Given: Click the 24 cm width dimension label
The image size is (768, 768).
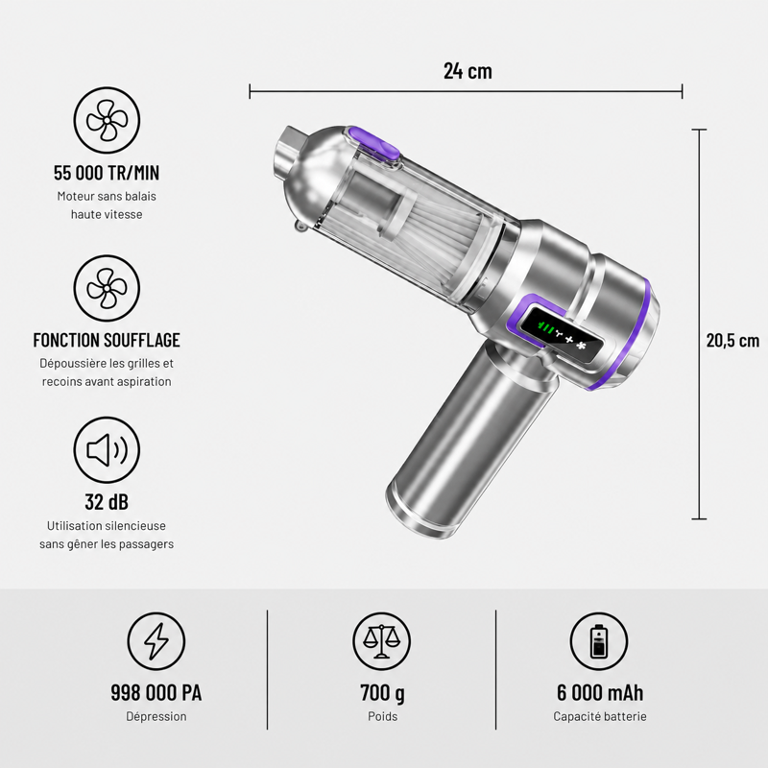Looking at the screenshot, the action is click(x=468, y=70).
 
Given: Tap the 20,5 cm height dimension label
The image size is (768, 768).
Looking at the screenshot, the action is click(x=732, y=340).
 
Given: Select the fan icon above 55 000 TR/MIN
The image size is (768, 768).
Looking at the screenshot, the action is click(x=107, y=121).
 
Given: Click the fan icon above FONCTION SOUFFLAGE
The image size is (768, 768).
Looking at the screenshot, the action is click(x=107, y=288).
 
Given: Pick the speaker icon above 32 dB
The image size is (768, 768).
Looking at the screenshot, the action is click(x=107, y=450).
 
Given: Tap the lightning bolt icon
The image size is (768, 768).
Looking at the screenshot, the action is click(x=156, y=641).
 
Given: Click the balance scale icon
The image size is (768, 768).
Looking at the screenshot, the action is click(x=382, y=641).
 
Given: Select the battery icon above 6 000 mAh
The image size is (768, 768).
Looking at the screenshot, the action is click(x=599, y=641).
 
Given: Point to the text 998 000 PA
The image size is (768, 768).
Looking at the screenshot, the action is click(x=156, y=692).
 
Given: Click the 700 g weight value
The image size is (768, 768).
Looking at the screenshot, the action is click(x=382, y=693).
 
